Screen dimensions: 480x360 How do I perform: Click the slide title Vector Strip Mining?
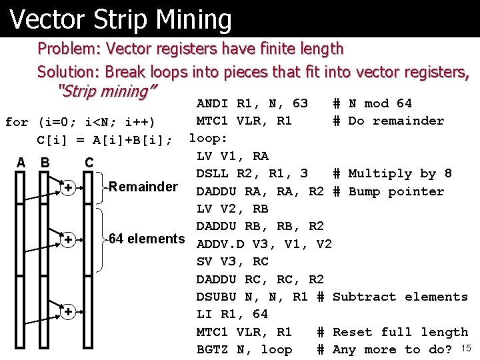(x=121, y=19)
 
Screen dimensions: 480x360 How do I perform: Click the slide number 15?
(x=466, y=347)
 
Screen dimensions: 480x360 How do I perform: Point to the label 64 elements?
(x=147, y=239)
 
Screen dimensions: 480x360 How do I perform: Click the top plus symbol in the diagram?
(x=68, y=189)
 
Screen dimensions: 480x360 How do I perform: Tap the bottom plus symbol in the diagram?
(x=68, y=312)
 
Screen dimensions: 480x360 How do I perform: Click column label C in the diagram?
(x=89, y=162)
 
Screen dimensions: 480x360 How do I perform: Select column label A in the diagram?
(x=21, y=162)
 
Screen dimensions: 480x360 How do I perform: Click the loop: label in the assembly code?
(x=209, y=139)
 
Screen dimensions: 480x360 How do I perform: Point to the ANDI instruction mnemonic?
(x=213, y=103)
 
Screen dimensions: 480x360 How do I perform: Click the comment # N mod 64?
(x=372, y=103)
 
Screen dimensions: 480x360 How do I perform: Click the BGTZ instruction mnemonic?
(x=213, y=349)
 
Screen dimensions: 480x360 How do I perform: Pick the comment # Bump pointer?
(x=388, y=191)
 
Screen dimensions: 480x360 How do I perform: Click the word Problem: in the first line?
(x=69, y=49)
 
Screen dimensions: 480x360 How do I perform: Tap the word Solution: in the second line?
(x=70, y=71)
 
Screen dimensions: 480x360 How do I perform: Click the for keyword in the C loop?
(x=17, y=122)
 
